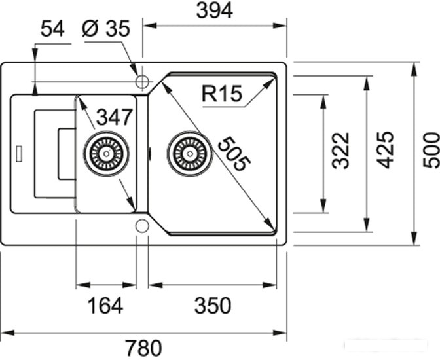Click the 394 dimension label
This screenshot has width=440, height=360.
214,10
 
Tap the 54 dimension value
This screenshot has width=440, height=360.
52,29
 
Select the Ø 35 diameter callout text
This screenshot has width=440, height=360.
106,28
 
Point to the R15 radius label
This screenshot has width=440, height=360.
222,94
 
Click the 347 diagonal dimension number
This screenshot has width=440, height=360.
114,117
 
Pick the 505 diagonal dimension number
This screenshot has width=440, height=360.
234,154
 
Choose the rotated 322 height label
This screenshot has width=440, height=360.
340,151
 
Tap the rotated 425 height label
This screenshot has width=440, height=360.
385,150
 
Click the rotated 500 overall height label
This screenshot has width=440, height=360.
431,151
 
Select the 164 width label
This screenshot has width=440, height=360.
105,306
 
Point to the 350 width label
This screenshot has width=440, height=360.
213,305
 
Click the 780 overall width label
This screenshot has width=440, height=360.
143,348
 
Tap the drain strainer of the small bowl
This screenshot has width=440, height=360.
106,153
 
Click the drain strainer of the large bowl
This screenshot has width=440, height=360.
190,153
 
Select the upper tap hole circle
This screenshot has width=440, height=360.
142,82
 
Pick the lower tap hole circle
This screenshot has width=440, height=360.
142,226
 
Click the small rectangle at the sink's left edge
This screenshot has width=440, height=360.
19,153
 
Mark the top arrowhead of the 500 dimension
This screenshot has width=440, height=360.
414,69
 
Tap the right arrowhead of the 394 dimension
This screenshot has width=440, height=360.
280,26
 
